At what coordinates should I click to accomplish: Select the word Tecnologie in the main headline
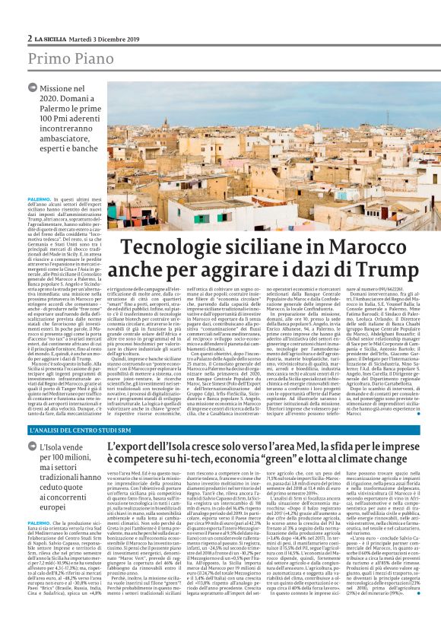click(163, 249)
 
